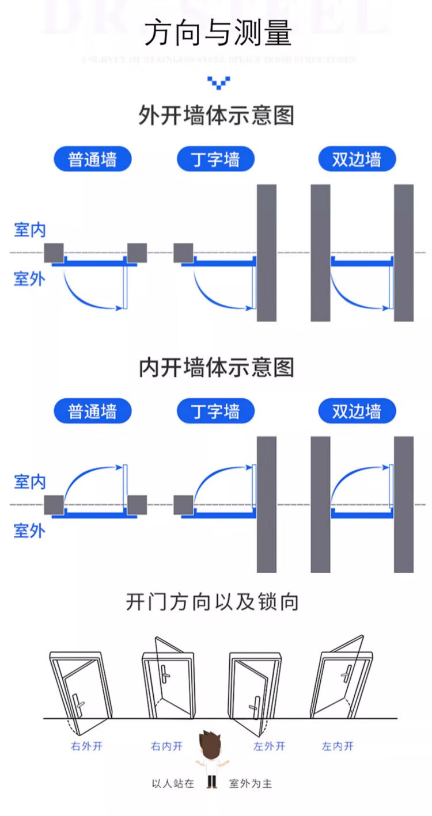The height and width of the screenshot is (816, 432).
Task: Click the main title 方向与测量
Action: pos(218,33)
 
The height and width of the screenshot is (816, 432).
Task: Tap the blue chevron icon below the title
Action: pos(218,83)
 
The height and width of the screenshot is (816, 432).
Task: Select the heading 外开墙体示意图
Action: pos(216,116)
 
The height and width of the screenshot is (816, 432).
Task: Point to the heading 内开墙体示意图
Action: pos(216,368)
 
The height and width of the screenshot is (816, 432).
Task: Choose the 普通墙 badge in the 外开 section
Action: pos(92,159)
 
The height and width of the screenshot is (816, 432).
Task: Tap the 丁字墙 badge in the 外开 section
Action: pos(215,159)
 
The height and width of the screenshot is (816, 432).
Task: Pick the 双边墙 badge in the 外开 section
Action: pos(357,159)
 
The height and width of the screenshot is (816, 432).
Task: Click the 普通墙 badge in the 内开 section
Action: pos(92,411)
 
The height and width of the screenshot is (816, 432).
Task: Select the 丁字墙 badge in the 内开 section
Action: pos(215,411)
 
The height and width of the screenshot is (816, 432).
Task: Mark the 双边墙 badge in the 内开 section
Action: pos(357,411)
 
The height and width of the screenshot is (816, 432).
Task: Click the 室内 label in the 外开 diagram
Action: pos(30,230)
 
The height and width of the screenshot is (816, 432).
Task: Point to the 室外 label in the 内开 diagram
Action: pos(30,531)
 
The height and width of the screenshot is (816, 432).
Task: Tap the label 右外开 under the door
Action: pos(86,746)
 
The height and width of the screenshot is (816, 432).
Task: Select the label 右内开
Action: pos(166,746)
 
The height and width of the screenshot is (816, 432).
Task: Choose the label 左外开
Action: pos(270,746)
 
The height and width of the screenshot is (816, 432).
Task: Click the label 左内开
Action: pos(338,746)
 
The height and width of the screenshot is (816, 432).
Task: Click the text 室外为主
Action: pos(251,783)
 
